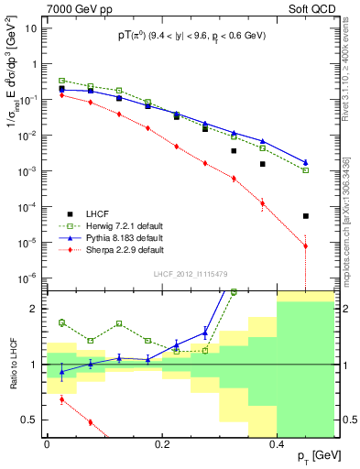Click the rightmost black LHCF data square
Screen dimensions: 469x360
click(306, 216)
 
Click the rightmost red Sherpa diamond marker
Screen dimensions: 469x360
click(306, 246)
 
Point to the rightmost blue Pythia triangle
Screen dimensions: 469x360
click(306, 162)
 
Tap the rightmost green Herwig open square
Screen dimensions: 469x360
click(306, 170)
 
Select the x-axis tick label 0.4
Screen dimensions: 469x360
click(278, 443)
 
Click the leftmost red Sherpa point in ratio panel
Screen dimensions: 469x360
click(61, 399)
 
